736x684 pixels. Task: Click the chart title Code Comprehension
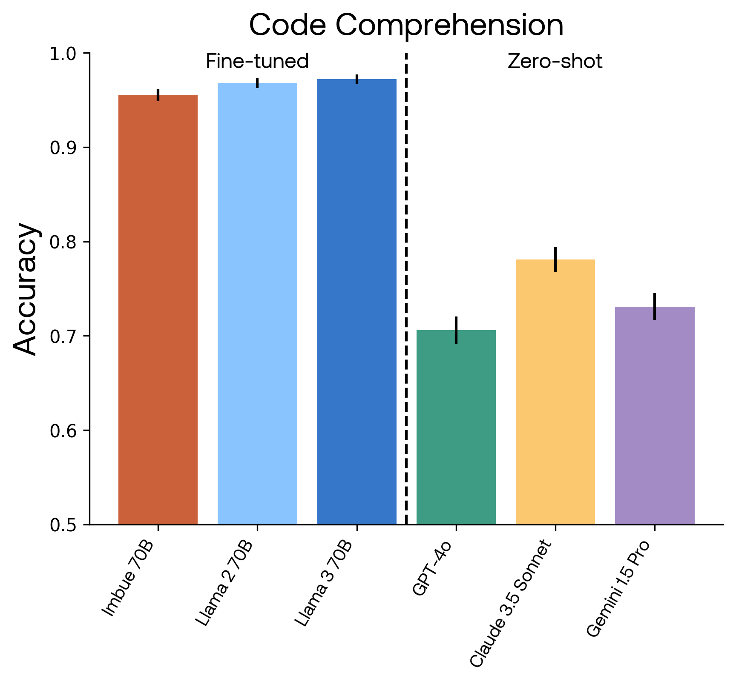click(406, 26)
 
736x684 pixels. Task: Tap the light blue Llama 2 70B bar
click(257, 304)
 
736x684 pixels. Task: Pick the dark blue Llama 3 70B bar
click(356, 302)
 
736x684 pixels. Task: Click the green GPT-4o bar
click(456, 427)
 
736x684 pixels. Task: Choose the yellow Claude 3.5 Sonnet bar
click(555, 392)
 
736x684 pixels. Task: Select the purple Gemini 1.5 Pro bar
click(655, 415)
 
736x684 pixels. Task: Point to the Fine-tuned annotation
click(257, 62)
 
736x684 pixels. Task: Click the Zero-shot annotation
click(555, 62)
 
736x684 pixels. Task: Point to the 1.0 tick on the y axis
click(63, 54)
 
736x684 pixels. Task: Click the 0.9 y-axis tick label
click(63, 148)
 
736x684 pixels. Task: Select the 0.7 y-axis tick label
click(63, 336)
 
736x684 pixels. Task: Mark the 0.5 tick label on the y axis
click(63, 525)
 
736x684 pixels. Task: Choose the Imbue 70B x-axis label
click(128, 579)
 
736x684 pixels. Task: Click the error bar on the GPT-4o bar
click(456, 330)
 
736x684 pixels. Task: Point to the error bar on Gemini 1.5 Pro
click(655, 306)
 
